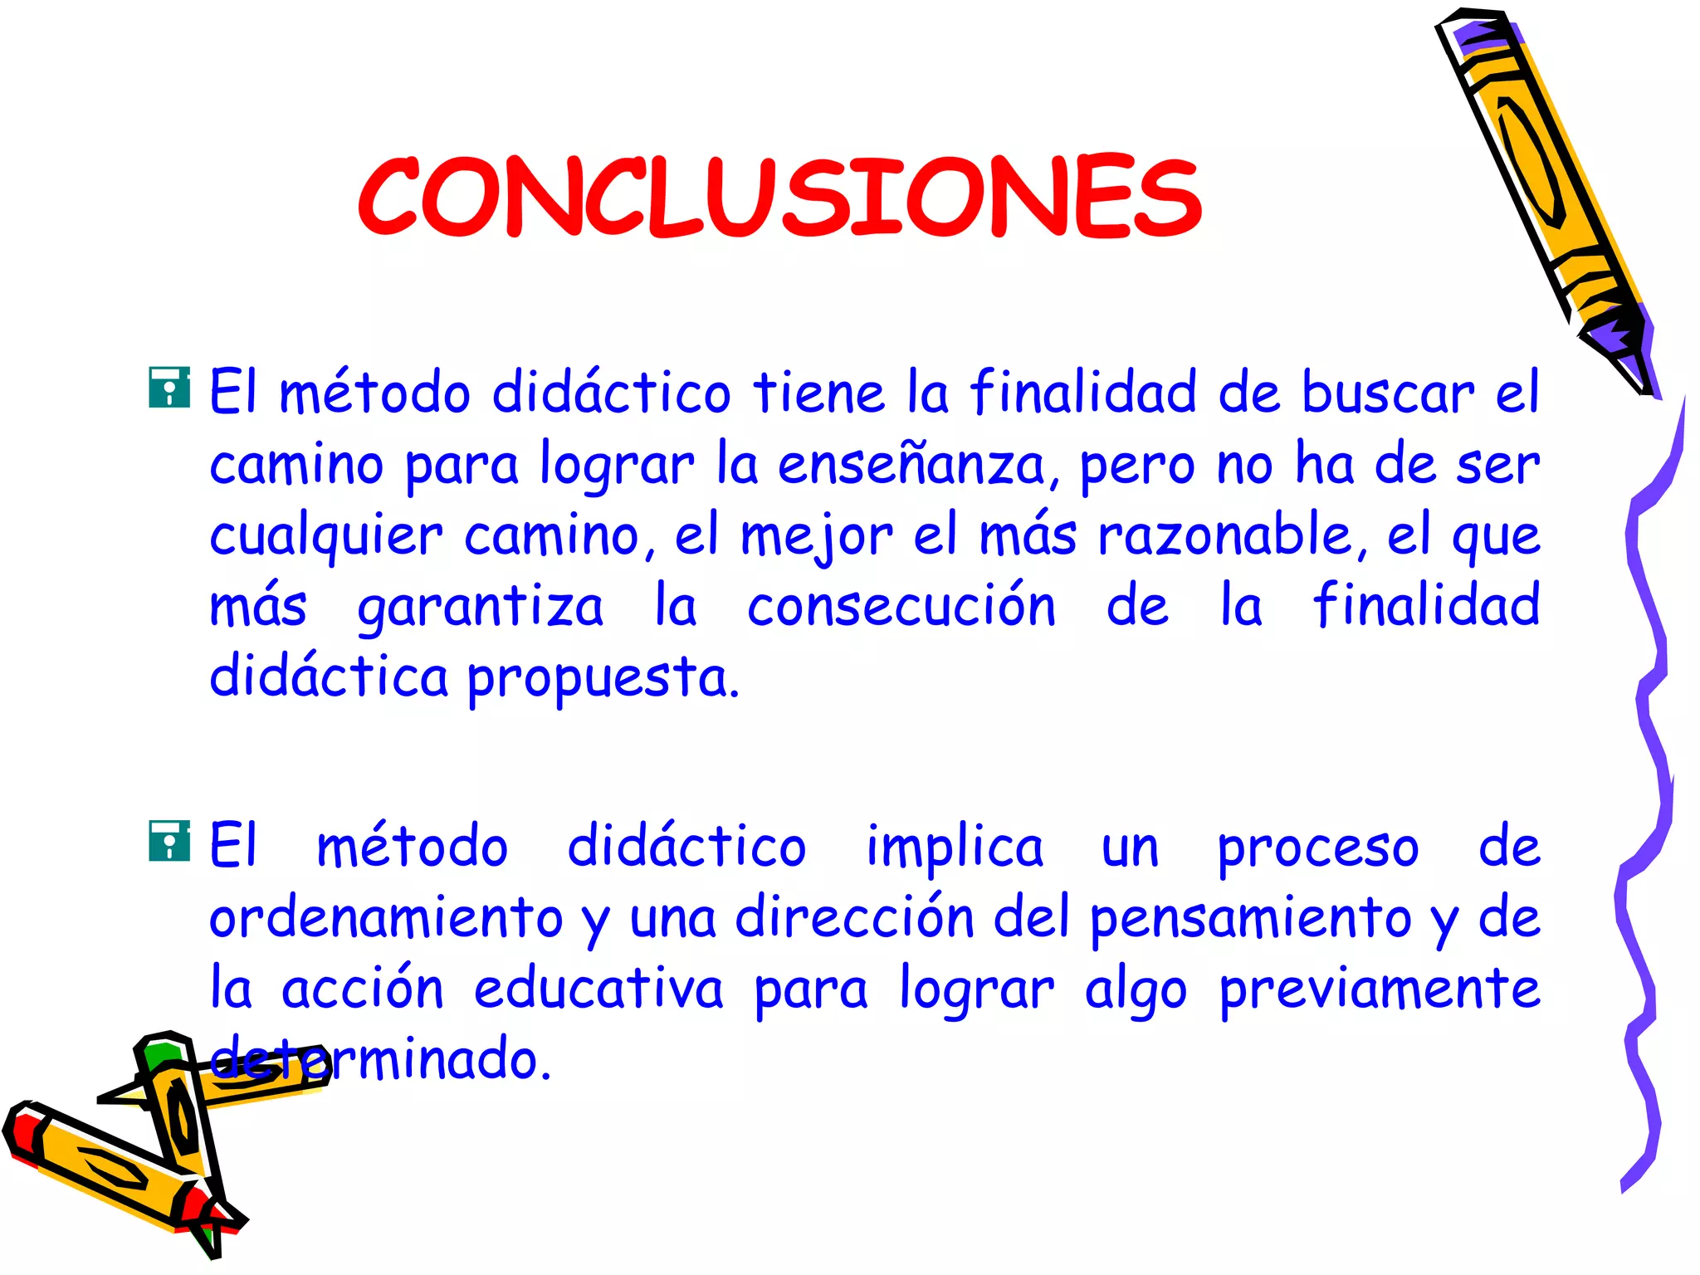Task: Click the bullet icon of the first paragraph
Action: pyautogui.click(x=169, y=388)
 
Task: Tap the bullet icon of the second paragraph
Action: pyautogui.click(x=169, y=841)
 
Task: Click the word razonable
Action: pyautogui.click(x=1227, y=535)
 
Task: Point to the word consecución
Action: pyautogui.click(x=901, y=606)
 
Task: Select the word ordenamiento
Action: pyautogui.click(x=386, y=919)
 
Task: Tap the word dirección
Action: pyautogui.click(x=854, y=917)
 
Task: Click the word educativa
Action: pyautogui.click(x=598, y=989)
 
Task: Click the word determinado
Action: pyautogui.click(x=382, y=1060)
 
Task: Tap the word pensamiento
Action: pyautogui.click(x=1250, y=919)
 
